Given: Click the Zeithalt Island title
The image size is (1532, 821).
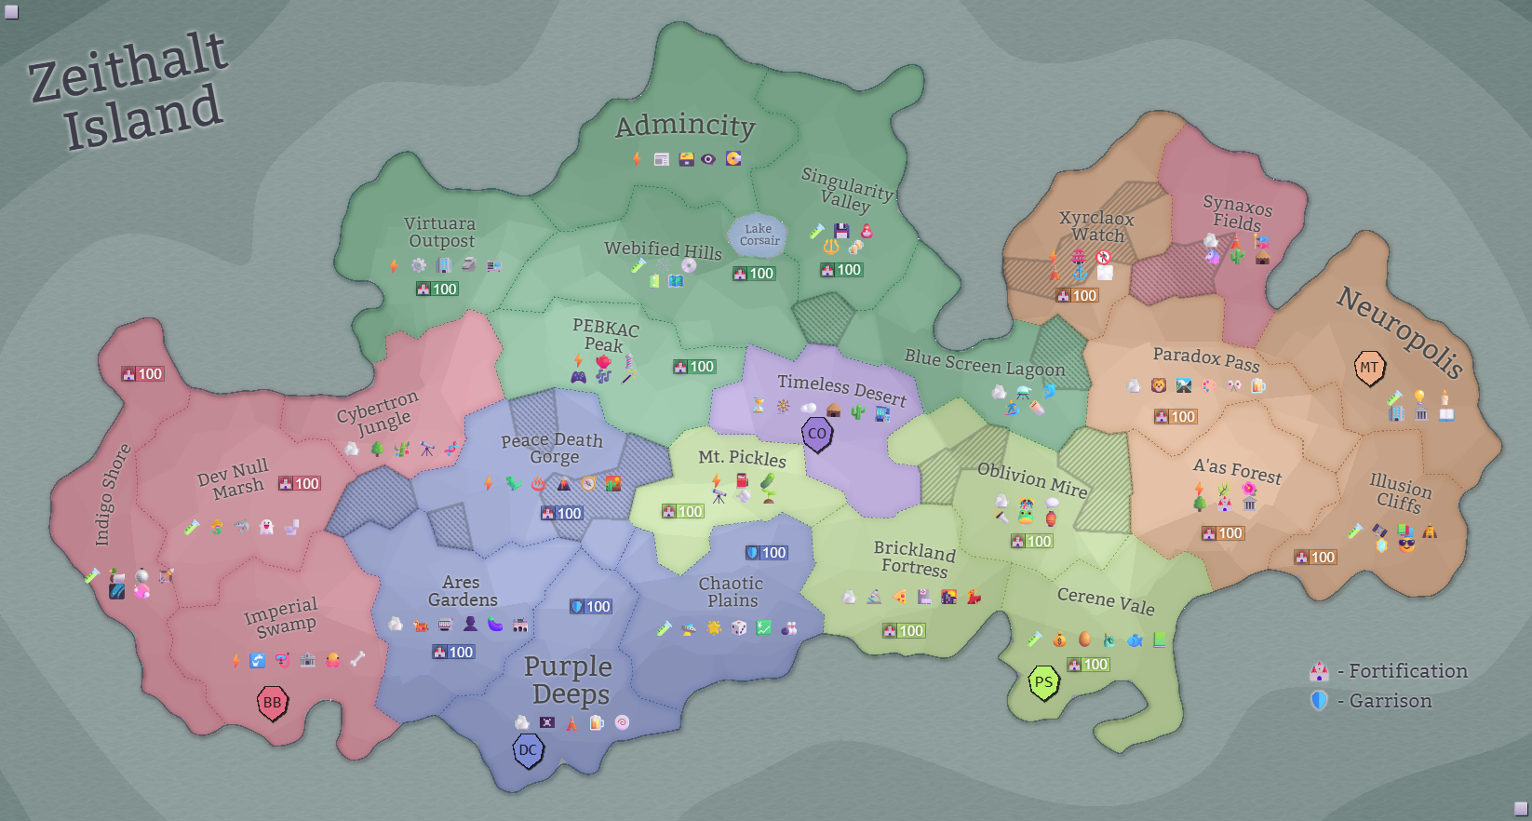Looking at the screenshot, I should point(128,91).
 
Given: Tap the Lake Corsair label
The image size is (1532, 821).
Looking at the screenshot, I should point(759,235).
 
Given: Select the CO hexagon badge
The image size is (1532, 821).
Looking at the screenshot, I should point(816,434).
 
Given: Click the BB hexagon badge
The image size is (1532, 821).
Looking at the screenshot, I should point(272,703).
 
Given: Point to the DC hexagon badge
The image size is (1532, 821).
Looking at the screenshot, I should point(528,750).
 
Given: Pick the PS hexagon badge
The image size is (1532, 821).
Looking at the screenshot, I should point(1043,682).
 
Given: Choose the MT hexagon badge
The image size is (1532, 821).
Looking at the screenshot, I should point(1368,368).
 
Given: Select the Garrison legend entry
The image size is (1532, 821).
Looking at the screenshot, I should point(1375,701).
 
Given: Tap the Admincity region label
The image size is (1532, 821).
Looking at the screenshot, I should point(685,126).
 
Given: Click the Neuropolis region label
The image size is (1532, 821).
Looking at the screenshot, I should point(1400,330).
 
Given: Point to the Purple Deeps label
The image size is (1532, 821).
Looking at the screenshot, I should point(569,680).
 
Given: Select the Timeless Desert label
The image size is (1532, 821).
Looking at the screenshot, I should point(841,389).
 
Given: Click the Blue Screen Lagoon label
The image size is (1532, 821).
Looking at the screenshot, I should point(985,363).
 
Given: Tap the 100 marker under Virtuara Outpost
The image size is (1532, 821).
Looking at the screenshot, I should point(437,289).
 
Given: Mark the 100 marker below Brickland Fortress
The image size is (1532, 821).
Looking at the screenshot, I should point(903,631).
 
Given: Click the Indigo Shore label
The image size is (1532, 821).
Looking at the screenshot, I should point(112,494).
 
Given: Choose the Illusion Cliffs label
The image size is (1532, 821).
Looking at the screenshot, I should point(1400,493).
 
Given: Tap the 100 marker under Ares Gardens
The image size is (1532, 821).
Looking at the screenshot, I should point(453,653).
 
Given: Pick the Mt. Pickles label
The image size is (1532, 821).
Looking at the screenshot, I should point(742,457).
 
